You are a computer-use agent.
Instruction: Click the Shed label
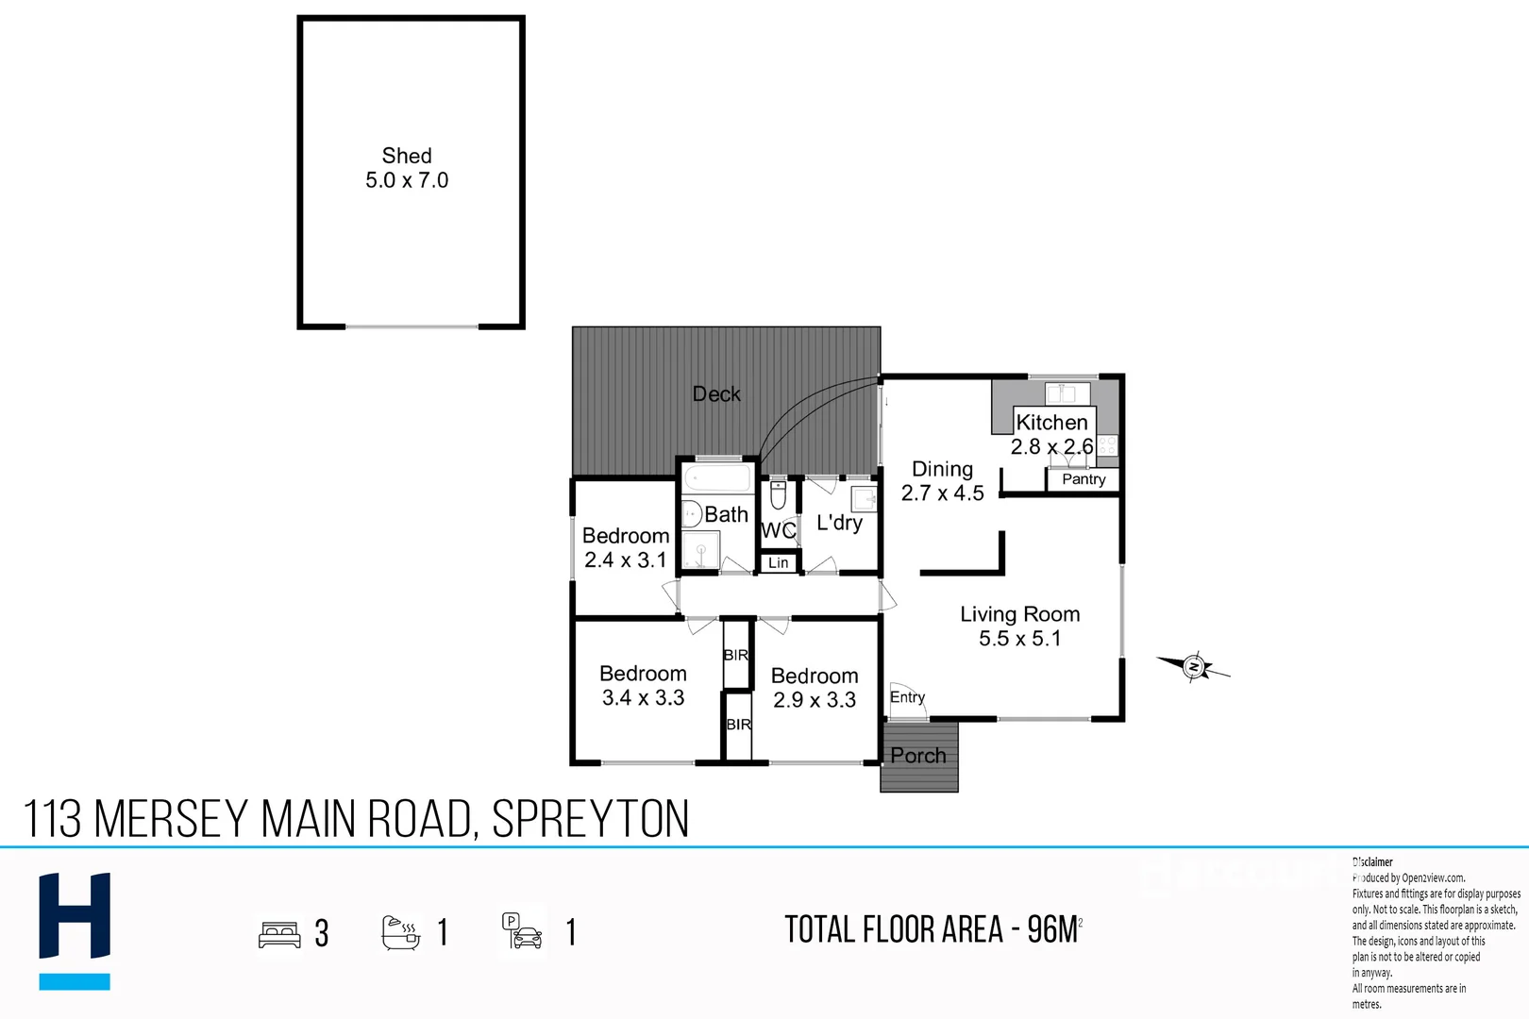point(407,156)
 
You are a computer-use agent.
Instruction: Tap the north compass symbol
point(1194,667)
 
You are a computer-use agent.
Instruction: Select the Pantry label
point(1083,479)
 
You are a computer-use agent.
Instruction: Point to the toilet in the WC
point(778,494)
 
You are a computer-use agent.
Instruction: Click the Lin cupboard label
point(779,563)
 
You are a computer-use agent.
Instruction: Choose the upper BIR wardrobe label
point(736,655)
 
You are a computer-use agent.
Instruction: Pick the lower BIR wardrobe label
point(738,725)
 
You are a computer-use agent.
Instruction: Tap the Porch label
point(917,756)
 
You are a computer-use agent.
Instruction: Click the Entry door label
point(907,697)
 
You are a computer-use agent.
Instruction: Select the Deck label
point(716,394)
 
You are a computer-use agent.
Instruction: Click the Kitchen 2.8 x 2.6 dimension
point(1051,447)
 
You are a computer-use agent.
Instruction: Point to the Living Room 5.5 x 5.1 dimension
point(1019,639)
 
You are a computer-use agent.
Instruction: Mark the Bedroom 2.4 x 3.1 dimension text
point(625,560)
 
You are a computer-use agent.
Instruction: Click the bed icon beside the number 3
point(279,934)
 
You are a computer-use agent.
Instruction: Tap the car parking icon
point(522,931)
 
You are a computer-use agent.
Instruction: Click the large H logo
point(75,916)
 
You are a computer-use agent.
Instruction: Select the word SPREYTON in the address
point(591,819)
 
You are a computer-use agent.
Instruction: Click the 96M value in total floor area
point(1051,930)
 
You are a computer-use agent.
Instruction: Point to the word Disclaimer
point(1372,862)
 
